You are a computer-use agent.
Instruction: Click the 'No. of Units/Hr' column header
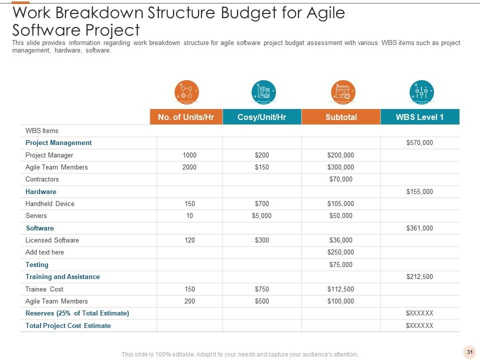coord(186,117)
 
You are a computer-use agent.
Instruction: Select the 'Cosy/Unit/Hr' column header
coord(262,117)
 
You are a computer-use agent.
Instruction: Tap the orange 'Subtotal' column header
coord(341,117)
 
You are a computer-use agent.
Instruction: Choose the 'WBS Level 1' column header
coord(419,117)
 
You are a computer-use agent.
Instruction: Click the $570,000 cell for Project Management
coord(419,143)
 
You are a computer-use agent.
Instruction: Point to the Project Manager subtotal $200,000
coord(340,155)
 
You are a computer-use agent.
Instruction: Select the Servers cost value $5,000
coord(261,216)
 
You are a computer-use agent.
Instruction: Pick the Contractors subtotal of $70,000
coord(340,179)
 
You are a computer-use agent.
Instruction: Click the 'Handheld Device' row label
coord(50,204)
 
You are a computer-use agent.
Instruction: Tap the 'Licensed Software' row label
coord(52,240)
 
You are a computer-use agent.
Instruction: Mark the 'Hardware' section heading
coord(41,191)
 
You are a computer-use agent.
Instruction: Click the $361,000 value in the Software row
coord(419,228)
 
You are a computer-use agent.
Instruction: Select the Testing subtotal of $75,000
coord(340,265)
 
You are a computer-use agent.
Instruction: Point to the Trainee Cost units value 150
coord(189,289)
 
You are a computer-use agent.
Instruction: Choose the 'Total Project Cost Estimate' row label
coord(68,325)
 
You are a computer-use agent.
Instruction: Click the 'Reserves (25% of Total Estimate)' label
coord(77,313)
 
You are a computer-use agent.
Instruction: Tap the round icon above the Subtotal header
coord(343,92)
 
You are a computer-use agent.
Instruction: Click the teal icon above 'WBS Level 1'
coord(421,92)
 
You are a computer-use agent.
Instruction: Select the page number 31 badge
coord(469,352)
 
